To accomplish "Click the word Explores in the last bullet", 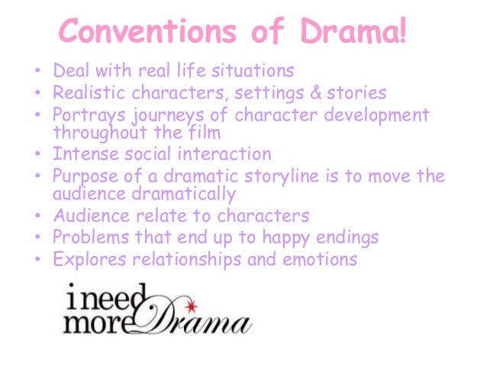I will pos(89,260).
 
